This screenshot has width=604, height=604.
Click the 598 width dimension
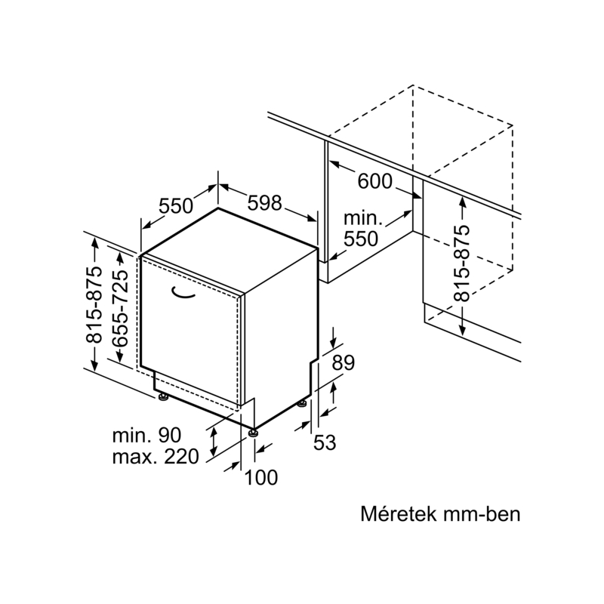pyautogui.click(x=264, y=202)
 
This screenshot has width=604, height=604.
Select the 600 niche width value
pyautogui.click(x=374, y=181)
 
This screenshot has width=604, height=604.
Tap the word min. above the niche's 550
pyautogui.click(x=363, y=219)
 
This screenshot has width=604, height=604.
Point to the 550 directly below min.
pyautogui.click(x=361, y=239)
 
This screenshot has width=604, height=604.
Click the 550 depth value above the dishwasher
pyautogui.click(x=176, y=205)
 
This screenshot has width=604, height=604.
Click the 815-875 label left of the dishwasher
pyautogui.click(x=94, y=304)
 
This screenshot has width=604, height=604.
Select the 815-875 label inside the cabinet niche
pyautogui.click(x=462, y=263)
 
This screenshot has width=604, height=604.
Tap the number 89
pyautogui.click(x=344, y=362)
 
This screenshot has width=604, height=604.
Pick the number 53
pyautogui.click(x=325, y=442)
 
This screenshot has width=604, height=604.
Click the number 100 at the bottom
pyautogui.click(x=260, y=478)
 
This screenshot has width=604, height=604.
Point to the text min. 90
pyautogui.click(x=146, y=436)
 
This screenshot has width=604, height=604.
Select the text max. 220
pyautogui.click(x=156, y=457)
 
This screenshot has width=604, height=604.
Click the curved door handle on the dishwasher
pyautogui.click(x=183, y=293)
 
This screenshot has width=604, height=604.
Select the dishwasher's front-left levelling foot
pyautogui.click(x=163, y=397)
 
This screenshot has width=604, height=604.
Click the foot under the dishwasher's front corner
pyautogui.click(x=253, y=433)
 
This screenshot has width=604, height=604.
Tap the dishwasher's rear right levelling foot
pyautogui.click(x=302, y=404)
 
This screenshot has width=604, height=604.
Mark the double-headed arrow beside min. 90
pyautogui.click(x=214, y=442)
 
